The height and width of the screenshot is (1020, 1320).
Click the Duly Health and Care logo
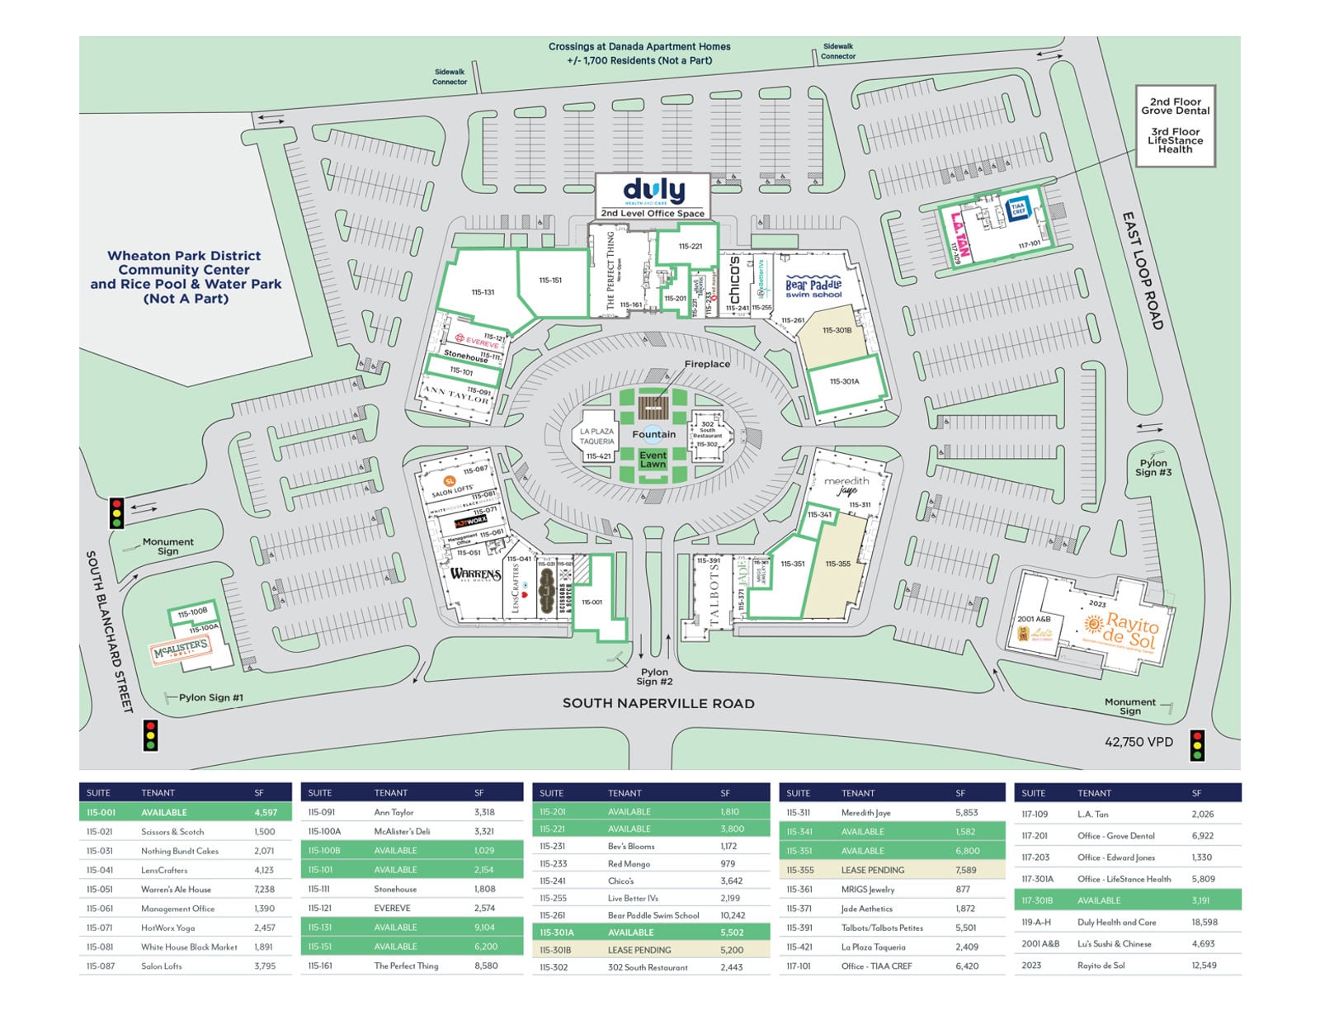(x=653, y=191)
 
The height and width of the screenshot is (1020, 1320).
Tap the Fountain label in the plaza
(x=653, y=434)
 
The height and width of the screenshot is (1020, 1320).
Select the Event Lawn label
(x=653, y=460)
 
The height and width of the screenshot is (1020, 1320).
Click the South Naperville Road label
(x=658, y=703)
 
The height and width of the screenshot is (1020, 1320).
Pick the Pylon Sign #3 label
(x=1153, y=468)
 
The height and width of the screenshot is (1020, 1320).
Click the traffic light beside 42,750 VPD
(x=1196, y=745)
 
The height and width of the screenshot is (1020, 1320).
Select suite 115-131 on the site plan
(x=483, y=292)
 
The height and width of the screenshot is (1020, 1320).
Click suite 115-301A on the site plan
(x=844, y=381)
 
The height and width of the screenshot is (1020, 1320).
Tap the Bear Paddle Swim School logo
(x=813, y=287)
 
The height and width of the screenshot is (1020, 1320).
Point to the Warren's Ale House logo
(x=475, y=574)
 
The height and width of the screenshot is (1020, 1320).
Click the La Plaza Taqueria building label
(x=596, y=436)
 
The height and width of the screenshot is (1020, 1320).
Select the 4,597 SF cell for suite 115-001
(x=266, y=812)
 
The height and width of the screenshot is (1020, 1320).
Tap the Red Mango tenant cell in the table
(x=629, y=863)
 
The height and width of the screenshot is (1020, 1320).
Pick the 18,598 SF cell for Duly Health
(x=1204, y=922)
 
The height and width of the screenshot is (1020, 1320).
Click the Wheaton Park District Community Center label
(x=186, y=276)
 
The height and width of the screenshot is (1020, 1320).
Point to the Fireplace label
(x=707, y=364)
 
